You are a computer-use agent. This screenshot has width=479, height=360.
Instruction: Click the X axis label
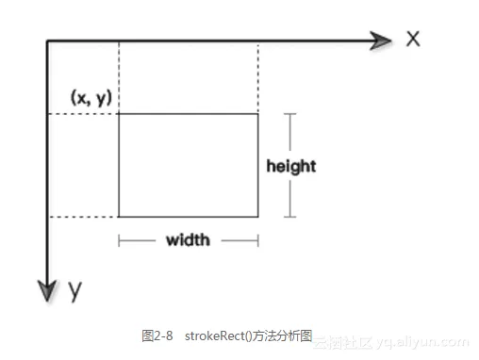click(x=412, y=39)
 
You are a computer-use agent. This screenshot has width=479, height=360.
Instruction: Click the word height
click(x=290, y=166)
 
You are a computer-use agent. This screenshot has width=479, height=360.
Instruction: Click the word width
click(x=188, y=240)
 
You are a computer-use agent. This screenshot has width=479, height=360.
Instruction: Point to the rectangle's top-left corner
click(x=119, y=114)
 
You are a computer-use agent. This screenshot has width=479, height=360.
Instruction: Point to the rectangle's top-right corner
click(x=258, y=114)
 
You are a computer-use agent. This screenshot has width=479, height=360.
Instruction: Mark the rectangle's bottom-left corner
click(x=119, y=217)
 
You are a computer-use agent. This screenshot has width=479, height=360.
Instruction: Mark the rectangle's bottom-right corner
click(x=258, y=217)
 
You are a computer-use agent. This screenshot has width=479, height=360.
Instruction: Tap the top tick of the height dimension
click(x=290, y=114)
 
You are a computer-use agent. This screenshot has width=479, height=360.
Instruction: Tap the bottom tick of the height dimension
click(x=290, y=217)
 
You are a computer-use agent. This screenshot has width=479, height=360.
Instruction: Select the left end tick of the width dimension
click(x=119, y=240)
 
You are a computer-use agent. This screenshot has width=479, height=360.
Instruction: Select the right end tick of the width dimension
click(x=258, y=240)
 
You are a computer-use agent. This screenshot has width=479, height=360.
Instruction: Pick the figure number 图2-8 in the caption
click(x=157, y=335)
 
